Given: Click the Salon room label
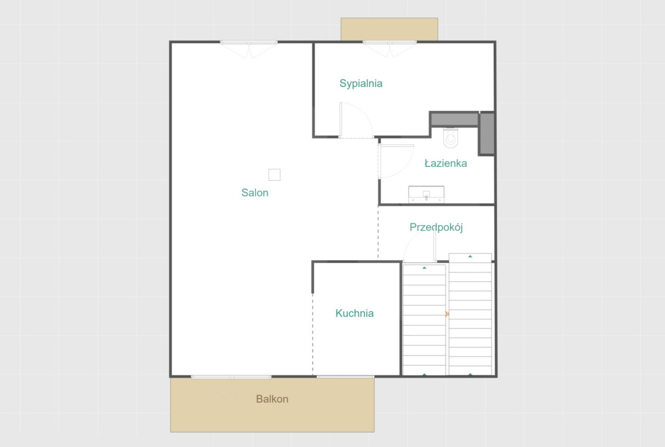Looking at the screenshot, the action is point(255,193).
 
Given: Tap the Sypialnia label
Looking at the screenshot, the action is point(361,84).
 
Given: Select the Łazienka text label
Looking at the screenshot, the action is point(446,163).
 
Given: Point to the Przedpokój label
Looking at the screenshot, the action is point(436,227).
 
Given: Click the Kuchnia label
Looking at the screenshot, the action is point(355,313).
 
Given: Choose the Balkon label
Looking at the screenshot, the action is point(272,399).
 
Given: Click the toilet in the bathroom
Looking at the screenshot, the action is point(451,138).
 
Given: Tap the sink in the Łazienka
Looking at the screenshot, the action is point(426,195).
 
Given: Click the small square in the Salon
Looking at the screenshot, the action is point(274,175).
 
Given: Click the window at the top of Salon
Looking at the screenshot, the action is point(249,43).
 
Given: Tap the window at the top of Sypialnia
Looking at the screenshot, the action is point(390,43).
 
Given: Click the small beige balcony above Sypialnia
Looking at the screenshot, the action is point(389,29).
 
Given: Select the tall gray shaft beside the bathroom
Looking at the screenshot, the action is point(487,134).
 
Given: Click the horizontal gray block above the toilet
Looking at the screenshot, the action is point(454,119).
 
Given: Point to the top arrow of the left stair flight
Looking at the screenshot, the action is point(424,268).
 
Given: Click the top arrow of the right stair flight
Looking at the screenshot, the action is point(470,256).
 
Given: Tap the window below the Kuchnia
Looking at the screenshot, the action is point(345,377).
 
